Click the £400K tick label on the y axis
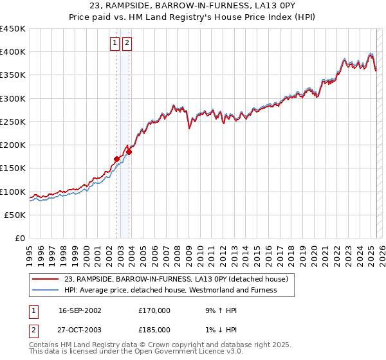tap(13, 52)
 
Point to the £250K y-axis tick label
tap(13, 122)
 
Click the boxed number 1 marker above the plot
tap(115, 43)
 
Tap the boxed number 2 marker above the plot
tap(127, 43)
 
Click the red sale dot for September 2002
tap(117, 159)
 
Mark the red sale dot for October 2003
tap(129, 152)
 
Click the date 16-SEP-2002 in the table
tap(80, 310)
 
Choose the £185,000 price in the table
tap(154, 330)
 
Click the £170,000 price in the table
tap(154, 310)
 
